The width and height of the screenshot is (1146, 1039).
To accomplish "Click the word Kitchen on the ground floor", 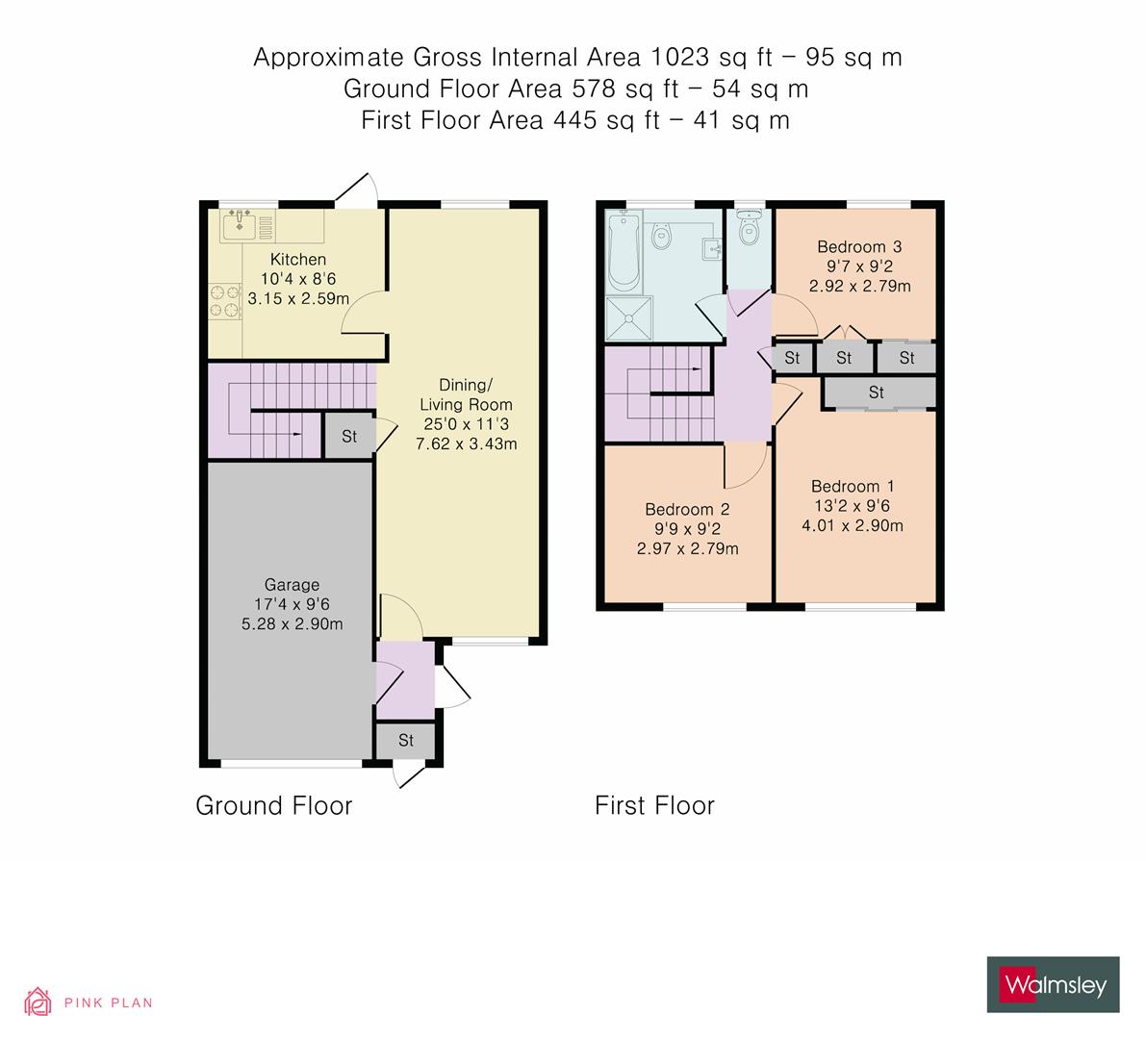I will tap(297, 259).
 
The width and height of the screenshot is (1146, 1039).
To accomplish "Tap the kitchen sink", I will tap(238, 226).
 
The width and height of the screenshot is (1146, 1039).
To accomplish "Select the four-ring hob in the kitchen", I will tap(223, 298).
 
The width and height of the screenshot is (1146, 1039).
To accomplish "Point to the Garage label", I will tap(292, 585).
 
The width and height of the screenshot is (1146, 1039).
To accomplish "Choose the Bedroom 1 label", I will tap(845, 486).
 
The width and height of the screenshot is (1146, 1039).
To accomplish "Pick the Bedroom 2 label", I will tap(687, 509).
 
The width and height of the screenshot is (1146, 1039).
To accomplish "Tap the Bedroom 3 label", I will tap(859, 246).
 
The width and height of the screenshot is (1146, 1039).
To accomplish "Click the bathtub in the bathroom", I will tap(624, 252).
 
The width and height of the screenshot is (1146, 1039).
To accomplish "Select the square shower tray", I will tap(628, 317).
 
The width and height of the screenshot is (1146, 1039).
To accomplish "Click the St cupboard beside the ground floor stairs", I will tap(349, 436).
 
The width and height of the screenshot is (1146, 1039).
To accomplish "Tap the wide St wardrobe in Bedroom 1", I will tap(876, 393).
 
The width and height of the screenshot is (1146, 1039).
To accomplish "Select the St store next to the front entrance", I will tap(405, 740).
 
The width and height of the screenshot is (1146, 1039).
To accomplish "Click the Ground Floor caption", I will tap(273, 805).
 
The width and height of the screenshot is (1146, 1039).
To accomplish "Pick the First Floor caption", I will tap(654, 805).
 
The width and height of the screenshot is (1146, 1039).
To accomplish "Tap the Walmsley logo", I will tap(1053, 984).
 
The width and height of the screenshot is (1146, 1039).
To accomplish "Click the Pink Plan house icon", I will tap(38, 1001).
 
